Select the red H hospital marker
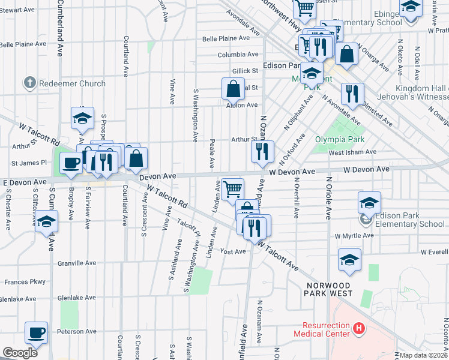[x=358, y=328]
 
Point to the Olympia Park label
[x=337, y=140]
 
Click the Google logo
[x=20, y=353]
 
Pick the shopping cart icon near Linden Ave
[x=232, y=188]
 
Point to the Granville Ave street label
[x=77, y=263]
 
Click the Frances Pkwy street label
[x=25, y=281]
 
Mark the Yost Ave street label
[x=234, y=251]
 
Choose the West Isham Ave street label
[x=352, y=152]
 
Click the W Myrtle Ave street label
[x=355, y=236]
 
